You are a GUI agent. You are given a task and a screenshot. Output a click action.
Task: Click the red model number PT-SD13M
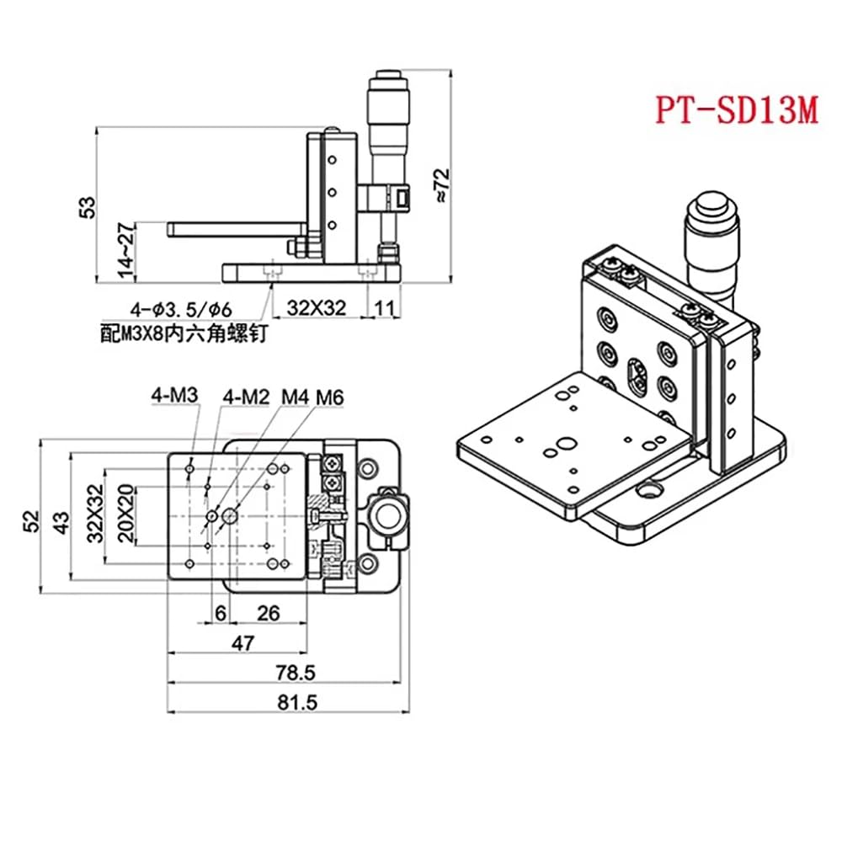pos(737,111)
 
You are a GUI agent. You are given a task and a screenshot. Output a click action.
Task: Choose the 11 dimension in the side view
pos(383,308)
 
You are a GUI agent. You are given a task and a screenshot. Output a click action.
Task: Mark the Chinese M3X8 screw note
pos(182,333)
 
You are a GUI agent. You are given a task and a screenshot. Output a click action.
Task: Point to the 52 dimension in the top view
pos(32,520)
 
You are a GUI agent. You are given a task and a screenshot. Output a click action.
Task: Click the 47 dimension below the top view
pos(243,643)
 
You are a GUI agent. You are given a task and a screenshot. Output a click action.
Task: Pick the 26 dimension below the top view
pos(268,614)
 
